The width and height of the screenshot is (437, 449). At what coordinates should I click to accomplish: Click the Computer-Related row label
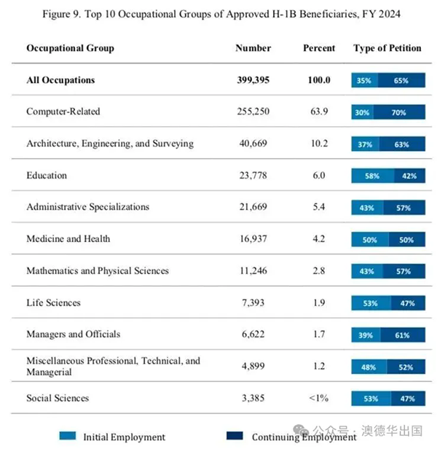click(x=63, y=112)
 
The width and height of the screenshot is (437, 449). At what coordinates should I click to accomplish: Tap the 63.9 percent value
click(x=318, y=112)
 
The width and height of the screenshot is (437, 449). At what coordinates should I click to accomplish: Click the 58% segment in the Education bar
click(x=372, y=176)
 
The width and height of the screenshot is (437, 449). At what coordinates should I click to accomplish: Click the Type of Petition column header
click(x=387, y=48)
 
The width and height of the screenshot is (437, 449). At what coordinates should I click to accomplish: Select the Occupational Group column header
click(x=70, y=48)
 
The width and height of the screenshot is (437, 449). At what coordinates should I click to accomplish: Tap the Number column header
click(x=253, y=48)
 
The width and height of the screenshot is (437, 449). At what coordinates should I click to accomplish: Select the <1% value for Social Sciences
click(x=318, y=398)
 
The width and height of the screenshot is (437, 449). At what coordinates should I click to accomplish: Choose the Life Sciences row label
click(x=53, y=302)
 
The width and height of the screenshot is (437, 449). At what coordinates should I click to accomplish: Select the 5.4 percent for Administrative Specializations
click(x=318, y=207)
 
